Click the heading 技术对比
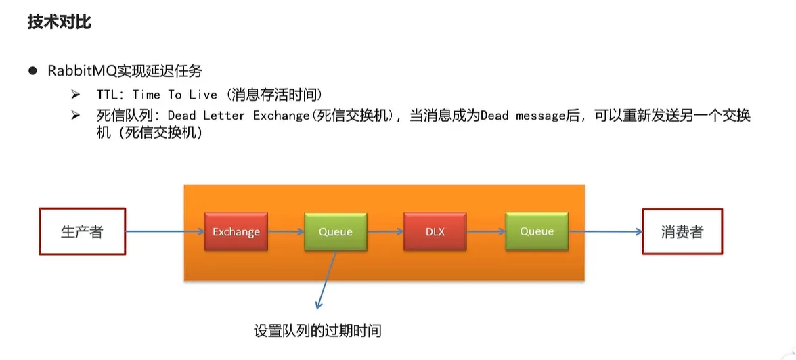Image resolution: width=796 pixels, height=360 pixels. pyautogui.click(x=60, y=22)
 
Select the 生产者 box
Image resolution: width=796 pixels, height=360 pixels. pyautogui.click(x=82, y=231)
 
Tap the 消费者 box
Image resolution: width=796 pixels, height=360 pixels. pyautogui.click(x=682, y=231)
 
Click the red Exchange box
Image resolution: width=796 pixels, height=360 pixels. pyautogui.click(x=236, y=232)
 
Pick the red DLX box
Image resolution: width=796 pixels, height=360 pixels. pyautogui.click(x=435, y=232)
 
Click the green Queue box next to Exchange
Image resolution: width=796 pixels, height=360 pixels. pyautogui.click(x=336, y=232)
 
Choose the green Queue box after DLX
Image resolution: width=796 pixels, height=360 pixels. pyautogui.click(x=537, y=232)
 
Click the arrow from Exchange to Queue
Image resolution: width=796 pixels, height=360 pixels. pyautogui.click(x=286, y=232)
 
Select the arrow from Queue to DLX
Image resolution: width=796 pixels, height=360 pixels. pyautogui.click(x=385, y=232)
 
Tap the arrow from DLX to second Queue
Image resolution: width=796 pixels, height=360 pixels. pyautogui.click(x=486, y=232)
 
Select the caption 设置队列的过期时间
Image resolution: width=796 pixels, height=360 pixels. pyautogui.click(x=317, y=331)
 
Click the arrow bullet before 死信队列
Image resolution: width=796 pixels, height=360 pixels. pyautogui.click(x=75, y=115)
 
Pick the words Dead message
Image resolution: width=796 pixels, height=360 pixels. pyautogui.click(x=523, y=116)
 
